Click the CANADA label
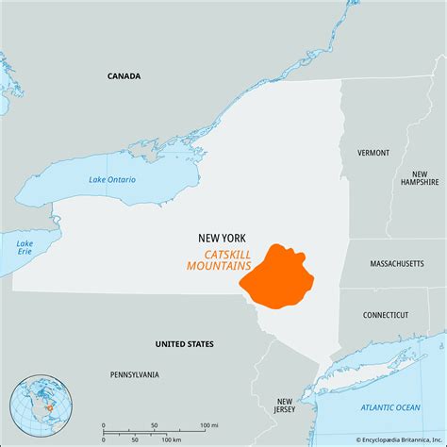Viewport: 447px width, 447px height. coord(124,76)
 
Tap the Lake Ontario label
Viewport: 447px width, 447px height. coord(112,179)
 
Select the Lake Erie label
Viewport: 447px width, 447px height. coord(25,248)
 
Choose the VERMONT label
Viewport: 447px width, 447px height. coord(372,153)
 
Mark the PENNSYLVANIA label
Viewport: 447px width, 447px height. coord(134,374)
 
